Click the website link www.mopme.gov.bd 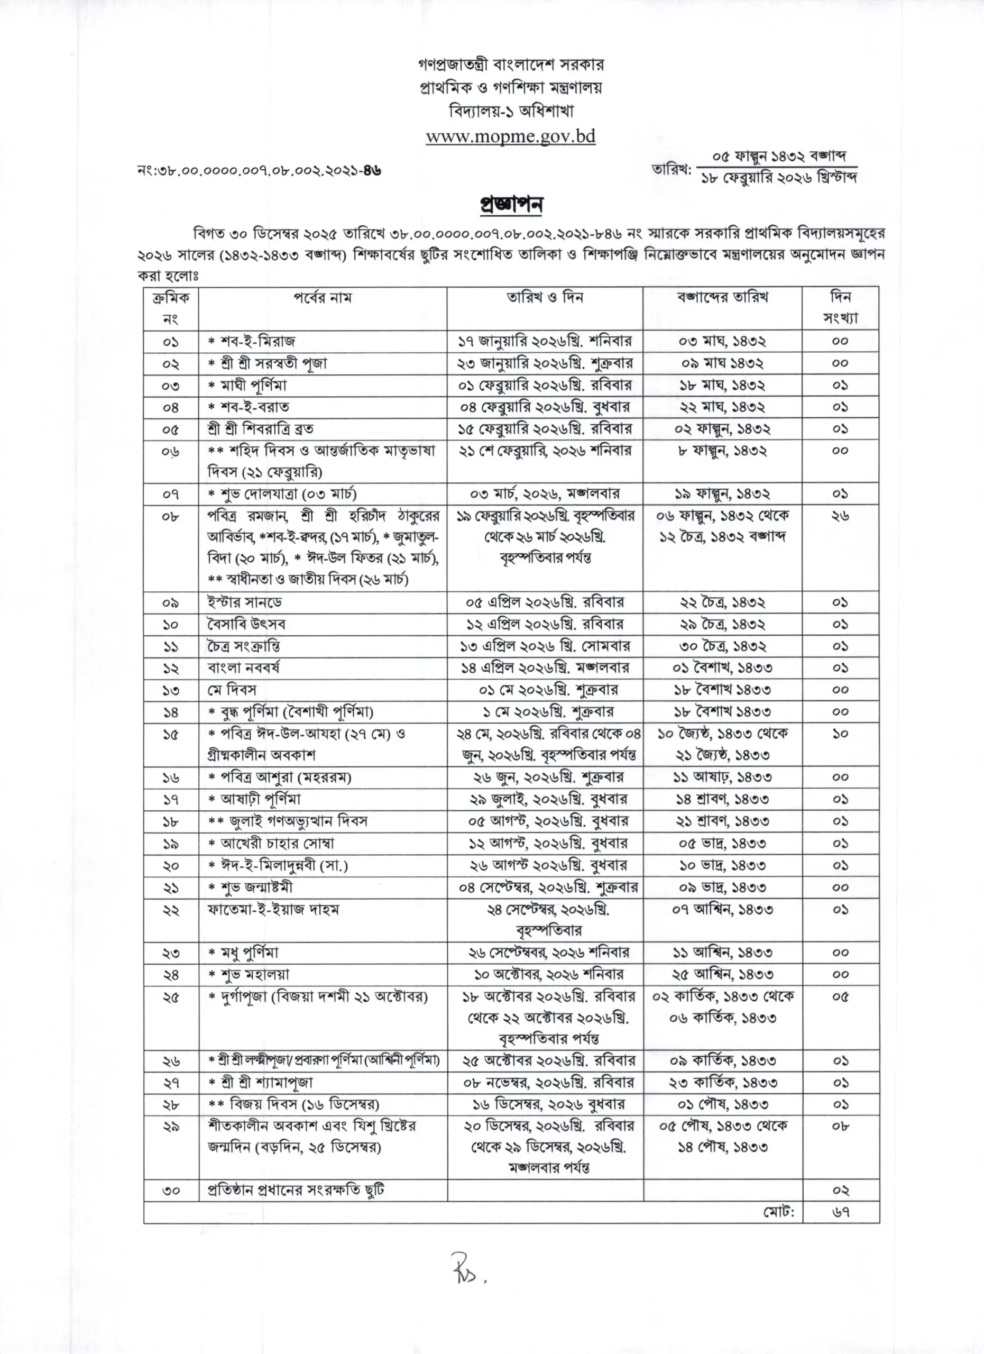(x=510, y=136)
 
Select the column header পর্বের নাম (x=322, y=297)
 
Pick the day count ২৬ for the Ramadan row (x=840, y=515)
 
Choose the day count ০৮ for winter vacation (x=840, y=1126)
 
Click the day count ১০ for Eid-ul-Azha (x=840, y=734)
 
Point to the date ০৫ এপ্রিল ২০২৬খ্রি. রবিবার (x=544, y=602)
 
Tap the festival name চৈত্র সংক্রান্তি (x=241, y=646)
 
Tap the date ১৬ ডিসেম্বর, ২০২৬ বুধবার (x=545, y=1104)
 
